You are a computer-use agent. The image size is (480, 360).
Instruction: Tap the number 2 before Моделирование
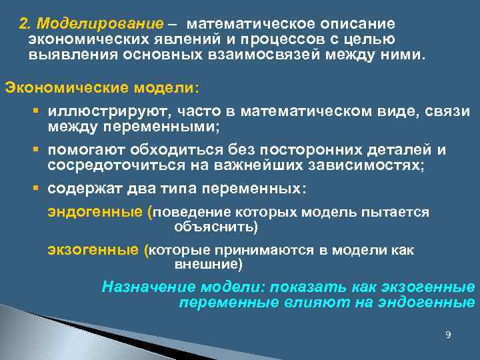[x=24, y=24]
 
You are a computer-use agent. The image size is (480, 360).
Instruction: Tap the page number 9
[x=448, y=334]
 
